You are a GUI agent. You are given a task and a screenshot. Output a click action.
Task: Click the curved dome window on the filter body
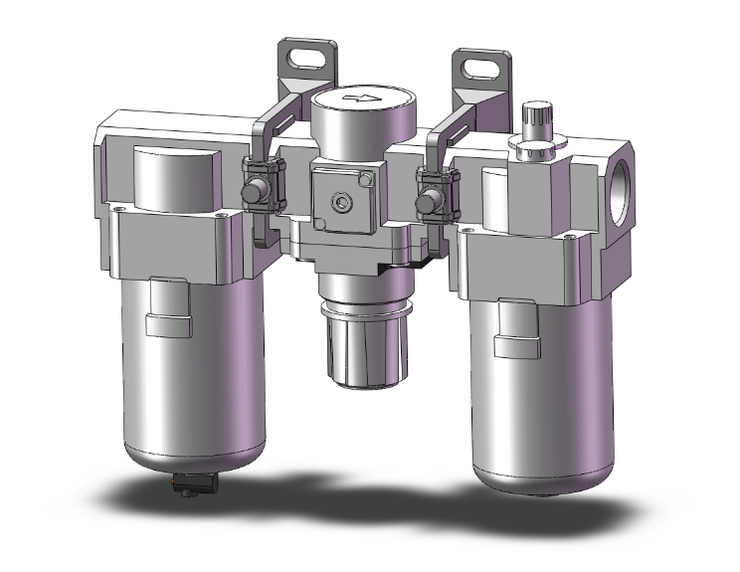pos(177,179)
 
